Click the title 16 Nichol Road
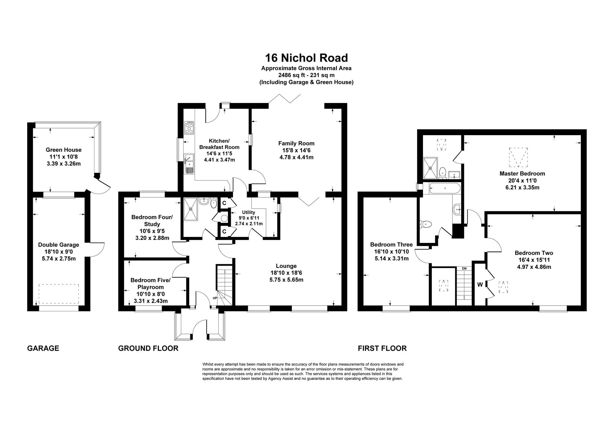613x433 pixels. (x=306, y=58)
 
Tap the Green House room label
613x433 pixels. (x=64, y=150)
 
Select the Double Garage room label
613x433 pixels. (x=59, y=245)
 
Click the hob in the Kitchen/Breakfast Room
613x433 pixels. (x=189, y=128)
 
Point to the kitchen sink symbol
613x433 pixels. (x=189, y=164)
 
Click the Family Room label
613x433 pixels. (x=296, y=143)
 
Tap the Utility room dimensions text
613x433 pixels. (x=249, y=221)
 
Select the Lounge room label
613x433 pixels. (x=286, y=266)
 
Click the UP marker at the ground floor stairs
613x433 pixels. (x=215, y=298)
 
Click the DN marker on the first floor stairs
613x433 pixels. (x=464, y=268)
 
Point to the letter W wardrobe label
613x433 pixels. (x=480, y=285)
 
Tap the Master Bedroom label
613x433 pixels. (x=522, y=173)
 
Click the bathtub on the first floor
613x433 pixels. (x=444, y=188)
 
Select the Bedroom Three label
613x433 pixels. (x=391, y=245)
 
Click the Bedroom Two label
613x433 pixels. (x=534, y=253)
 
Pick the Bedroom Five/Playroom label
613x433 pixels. (x=150, y=283)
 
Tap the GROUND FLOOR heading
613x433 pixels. (x=148, y=348)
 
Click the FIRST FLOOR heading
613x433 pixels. (x=382, y=348)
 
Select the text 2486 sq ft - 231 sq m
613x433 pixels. (x=306, y=75)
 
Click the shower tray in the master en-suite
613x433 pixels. (x=430, y=168)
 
